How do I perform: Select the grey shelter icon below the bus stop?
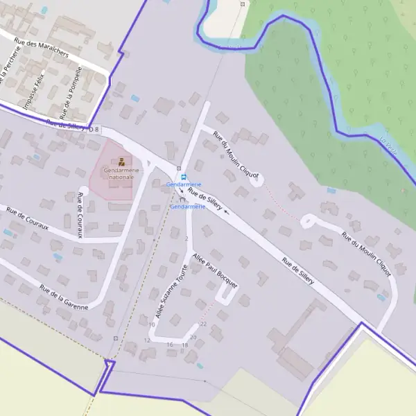coord(182,198)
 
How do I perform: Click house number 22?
coord(203,324)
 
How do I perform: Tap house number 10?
coord(151,324)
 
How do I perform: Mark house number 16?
coord(170,345)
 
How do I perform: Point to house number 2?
coord(187,239)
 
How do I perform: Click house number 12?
coord(147,340)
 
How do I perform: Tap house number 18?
coord(184,345)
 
